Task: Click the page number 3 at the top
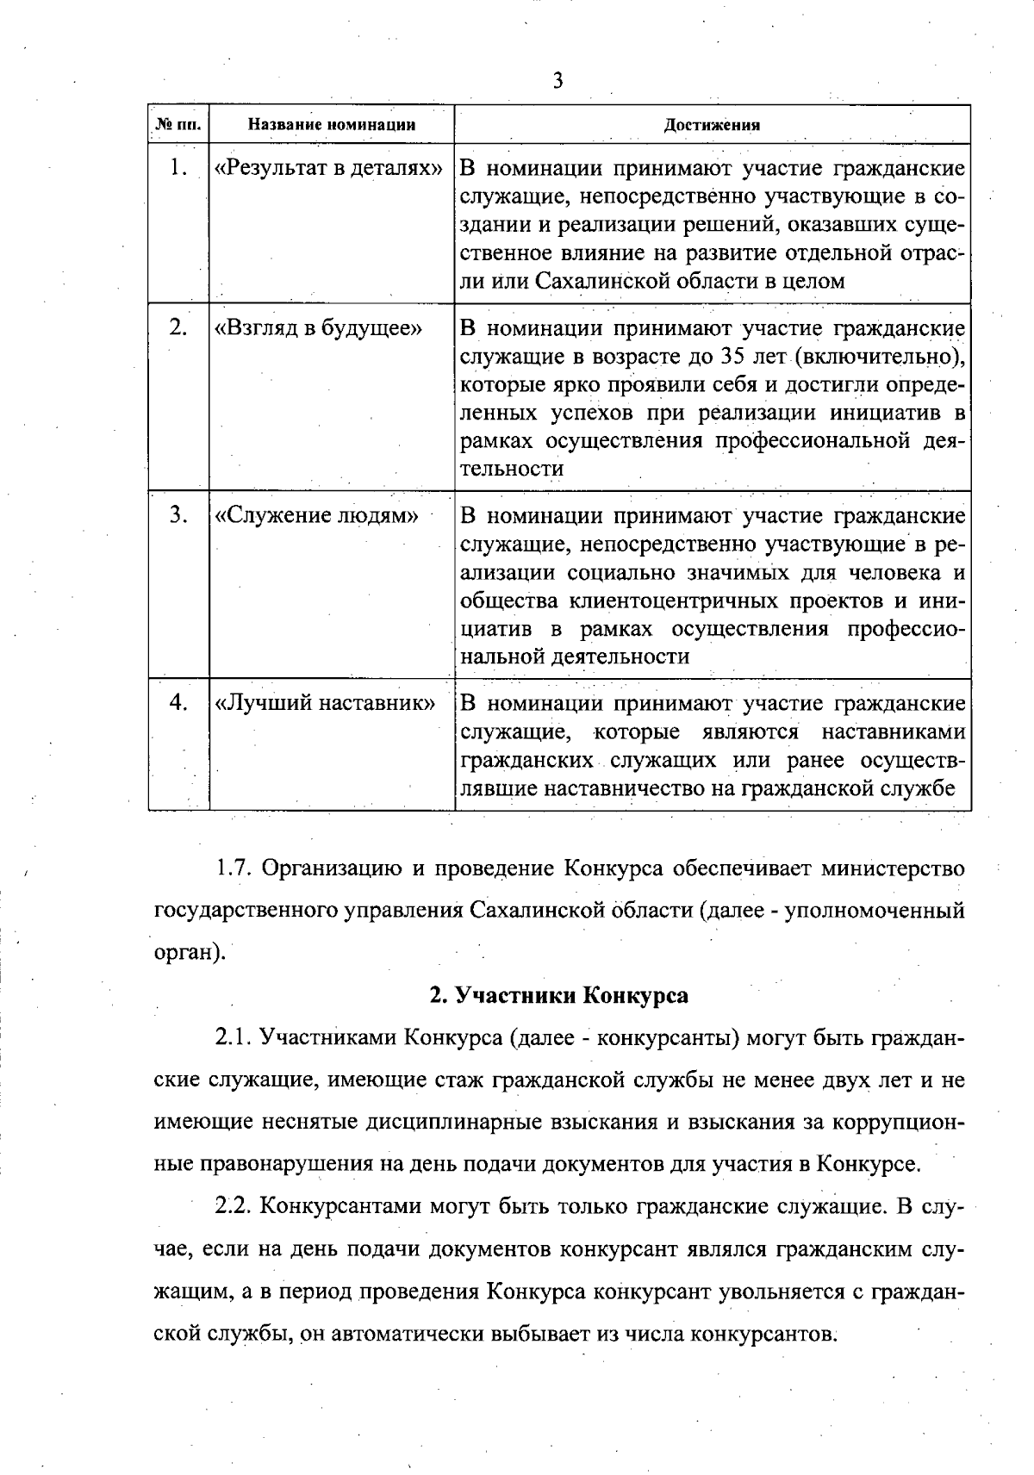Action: [557, 81]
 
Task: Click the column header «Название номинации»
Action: [332, 125]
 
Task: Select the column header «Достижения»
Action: [712, 125]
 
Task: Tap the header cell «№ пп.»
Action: [178, 125]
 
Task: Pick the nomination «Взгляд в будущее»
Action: [318, 328]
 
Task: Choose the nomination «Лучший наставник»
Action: [324, 704]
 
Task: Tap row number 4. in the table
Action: [178, 703]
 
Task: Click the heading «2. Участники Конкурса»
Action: [559, 995]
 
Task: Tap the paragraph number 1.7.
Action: [234, 868]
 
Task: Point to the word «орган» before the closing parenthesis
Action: [181, 954]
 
